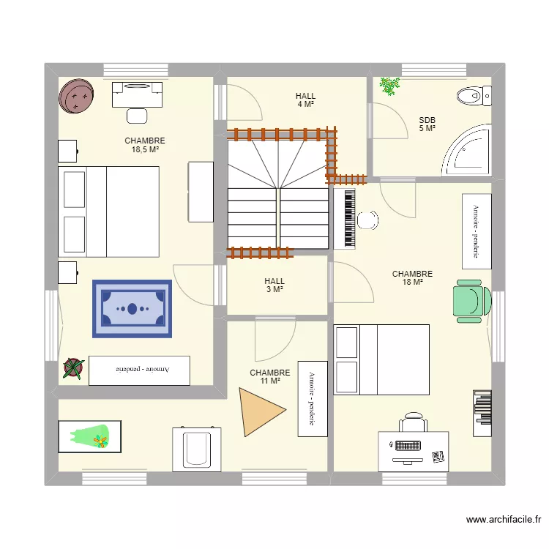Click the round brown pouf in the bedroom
[x=77, y=96]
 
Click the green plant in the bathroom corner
[x=389, y=86]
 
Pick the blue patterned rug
[x=132, y=308]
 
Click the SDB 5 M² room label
[x=427, y=124]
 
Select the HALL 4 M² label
[x=305, y=100]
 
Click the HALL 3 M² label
[x=274, y=285]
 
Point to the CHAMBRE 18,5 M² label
[x=144, y=145]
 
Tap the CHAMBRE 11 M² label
[x=269, y=377]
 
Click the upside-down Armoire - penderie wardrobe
[x=139, y=370]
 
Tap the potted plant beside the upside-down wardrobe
[x=72, y=368]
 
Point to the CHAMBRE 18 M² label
[x=412, y=278]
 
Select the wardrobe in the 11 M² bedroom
[x=312, y=398]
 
